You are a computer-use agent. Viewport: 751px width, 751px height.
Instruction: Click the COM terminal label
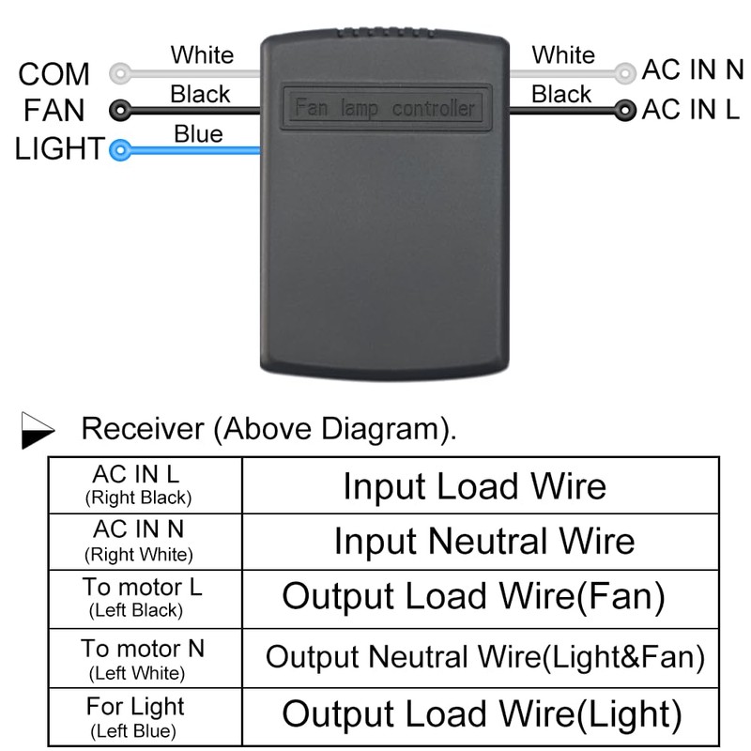coord(54,74)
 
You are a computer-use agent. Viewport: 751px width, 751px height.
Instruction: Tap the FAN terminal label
coord(54,111)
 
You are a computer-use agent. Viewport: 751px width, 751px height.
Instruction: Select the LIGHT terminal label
coord(58,148)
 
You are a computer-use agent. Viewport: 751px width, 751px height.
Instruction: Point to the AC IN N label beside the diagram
coord(692,71)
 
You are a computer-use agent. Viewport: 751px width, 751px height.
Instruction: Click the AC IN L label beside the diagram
coord(691,110)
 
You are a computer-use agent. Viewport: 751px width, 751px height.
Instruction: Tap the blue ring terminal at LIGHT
coord(119,148)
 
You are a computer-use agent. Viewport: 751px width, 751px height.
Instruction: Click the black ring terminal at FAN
coord(119,110)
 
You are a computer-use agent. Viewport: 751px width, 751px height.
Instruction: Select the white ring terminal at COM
coord(119,72)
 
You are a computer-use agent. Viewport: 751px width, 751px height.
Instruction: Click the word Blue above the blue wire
coord(198,134)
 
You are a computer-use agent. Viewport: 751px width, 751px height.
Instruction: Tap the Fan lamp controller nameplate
coord(385,107)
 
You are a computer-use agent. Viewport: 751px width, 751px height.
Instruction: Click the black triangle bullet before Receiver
coord(38,431)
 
